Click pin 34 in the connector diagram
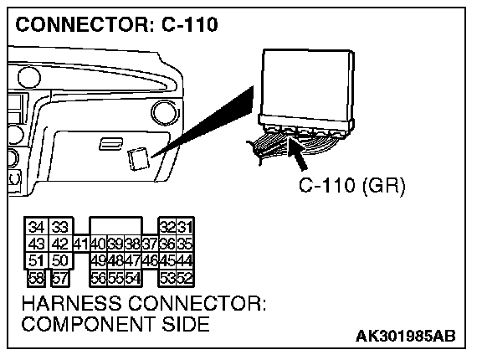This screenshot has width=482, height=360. [x=36, y=227]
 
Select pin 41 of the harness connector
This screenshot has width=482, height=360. [x=81, y=244]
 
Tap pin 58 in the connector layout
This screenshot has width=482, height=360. [x=36, y=278]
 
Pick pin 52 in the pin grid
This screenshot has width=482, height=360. [x=185, y=279]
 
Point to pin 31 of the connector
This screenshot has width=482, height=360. [x=185, y=227]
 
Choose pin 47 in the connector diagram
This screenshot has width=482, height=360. [x=133, y=261]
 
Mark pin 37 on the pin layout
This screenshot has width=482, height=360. [x=151, y=244]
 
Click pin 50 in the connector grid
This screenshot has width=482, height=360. [x=59, y=260]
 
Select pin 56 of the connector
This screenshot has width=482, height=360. [x=99, y=279]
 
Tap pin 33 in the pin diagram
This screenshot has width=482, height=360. [x=59, y=227]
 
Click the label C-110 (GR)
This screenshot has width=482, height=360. [x=352, y=185]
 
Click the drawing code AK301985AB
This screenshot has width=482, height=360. [x=406, y=336]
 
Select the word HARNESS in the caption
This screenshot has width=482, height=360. [x=71, y=303]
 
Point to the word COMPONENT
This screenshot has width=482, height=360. [x=88, y=324]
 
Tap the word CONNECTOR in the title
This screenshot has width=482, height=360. [x=82, y=24]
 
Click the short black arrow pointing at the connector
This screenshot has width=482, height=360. [x=297, y=154]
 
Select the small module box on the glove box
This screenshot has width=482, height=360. [x=139, y=159]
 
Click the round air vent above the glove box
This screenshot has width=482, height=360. [x=165, y=112]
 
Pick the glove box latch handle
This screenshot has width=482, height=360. [x=110, y=144]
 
